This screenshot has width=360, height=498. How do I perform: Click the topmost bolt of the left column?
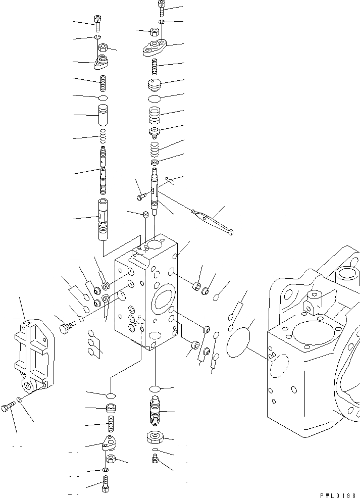97,23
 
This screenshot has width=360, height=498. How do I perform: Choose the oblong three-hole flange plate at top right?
155,48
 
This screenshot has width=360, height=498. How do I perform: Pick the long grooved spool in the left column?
104,169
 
